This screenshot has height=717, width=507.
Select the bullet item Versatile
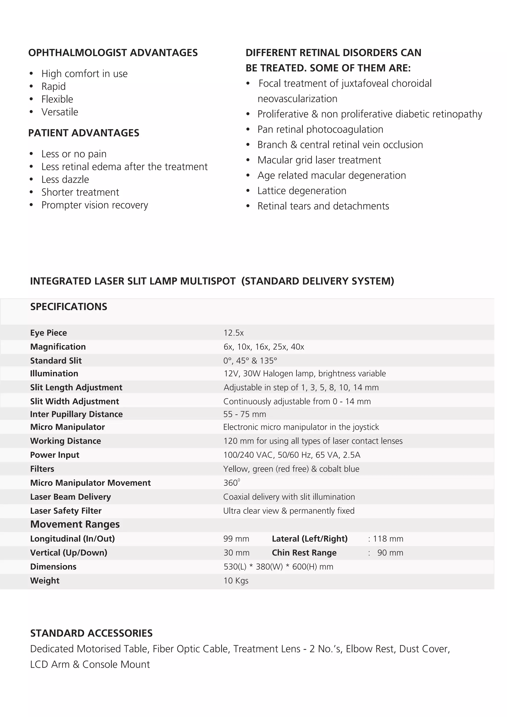(x=60, y=112)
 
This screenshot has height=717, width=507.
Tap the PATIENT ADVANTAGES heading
(x=84, y=133)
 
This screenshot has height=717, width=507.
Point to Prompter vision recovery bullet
(x=95, y=205)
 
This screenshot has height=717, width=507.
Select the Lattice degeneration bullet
(x=302, y=191)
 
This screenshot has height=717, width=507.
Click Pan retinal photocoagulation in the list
(x=320, y=129)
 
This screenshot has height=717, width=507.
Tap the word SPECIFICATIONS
(x=69, y=307)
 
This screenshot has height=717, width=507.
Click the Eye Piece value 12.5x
(x=233, y=333)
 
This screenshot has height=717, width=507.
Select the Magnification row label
(x=58, y=347)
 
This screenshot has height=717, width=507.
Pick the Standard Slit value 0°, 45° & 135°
(x=250, y=361)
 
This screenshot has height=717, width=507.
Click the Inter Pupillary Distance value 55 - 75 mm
(x=244, y=414)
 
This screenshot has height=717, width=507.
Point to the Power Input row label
(x=55, y=455)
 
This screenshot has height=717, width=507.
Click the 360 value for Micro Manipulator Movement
(x=231, y=483)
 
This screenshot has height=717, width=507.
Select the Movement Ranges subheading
(x=75, y=524)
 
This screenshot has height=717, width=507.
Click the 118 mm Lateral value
(x=388, y=539)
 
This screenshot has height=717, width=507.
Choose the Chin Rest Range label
(x=304, y=553)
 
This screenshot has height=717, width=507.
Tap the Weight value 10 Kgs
(x=236, y=581)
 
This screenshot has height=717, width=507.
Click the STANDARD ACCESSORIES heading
(x=91, y=633)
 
